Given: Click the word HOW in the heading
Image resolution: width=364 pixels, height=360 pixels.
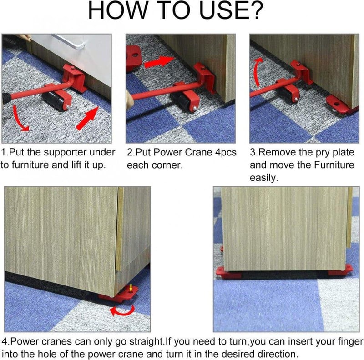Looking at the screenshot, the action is (x=117, y=10).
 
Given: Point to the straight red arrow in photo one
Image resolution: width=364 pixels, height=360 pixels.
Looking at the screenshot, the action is (x=87, y=118).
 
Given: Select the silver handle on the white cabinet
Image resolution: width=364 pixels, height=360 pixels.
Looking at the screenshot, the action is (x=69, y=41).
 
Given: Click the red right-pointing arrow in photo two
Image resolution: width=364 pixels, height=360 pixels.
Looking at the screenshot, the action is (x=159, y=62).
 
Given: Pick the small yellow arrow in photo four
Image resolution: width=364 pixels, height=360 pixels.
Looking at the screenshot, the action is (x=131, y=288).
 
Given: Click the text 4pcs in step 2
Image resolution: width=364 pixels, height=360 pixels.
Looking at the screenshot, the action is (x=226, y=153).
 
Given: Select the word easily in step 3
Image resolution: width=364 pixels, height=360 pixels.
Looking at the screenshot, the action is (x=264, y=178).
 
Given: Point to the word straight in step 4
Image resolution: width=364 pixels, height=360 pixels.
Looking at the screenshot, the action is (x=147, y=342).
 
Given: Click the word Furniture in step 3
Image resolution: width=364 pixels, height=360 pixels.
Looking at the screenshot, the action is (x=334, y=165).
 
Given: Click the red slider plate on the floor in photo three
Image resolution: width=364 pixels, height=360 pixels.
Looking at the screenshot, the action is (x=339, y=105).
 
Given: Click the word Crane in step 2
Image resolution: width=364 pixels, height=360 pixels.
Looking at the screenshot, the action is (x=198, y=152).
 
